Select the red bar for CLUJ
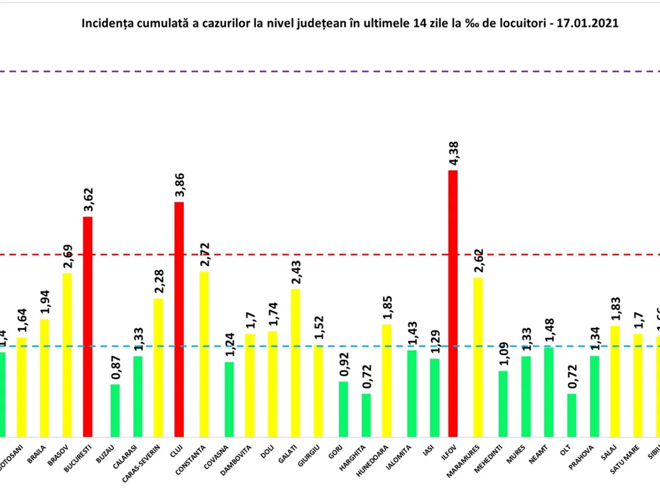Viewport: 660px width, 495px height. coord(179,319)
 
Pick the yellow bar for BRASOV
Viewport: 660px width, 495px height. coord(67,355)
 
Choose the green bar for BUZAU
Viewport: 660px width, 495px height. coord(115,410)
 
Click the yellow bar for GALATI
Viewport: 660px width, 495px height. coord(295,362)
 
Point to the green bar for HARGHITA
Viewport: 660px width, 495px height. coord(366,415)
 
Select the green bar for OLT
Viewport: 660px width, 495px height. coord(572,415)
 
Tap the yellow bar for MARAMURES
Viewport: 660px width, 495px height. coord(478,357)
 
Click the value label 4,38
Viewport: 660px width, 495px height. coord(454,155)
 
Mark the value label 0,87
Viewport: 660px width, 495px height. coord(116,369)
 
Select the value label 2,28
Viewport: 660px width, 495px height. coord(158,283)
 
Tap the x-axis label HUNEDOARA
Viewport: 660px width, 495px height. coord(382,458)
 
